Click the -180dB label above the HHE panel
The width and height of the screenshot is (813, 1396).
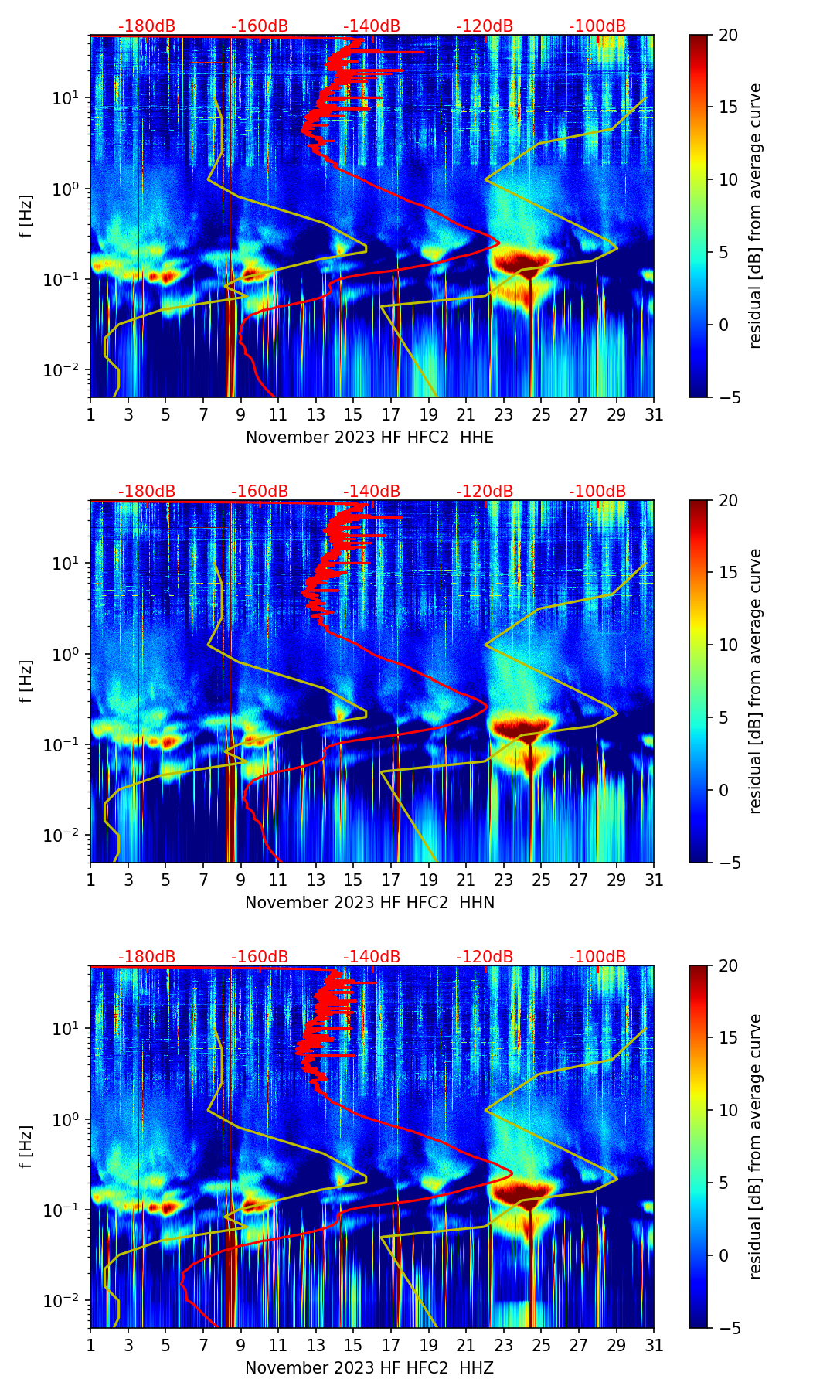[147, 26]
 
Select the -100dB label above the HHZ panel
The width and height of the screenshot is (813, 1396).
[597, 957]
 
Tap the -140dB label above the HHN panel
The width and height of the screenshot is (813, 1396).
[372, 492]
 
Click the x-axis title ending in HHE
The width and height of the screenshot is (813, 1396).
[369, 438]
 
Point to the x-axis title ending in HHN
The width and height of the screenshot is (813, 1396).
[369, 903]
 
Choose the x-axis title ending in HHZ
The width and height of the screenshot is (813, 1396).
[369, 1368]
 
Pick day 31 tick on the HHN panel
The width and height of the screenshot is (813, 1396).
[654, 880]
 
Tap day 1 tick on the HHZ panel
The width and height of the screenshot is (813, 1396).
[91, 1345]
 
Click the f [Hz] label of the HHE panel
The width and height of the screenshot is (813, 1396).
[26, 216]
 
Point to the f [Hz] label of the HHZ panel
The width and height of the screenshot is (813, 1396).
[26, 1146]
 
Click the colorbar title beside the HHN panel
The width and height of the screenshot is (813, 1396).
[756, 681]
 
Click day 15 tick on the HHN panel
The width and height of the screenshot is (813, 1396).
[353, 880]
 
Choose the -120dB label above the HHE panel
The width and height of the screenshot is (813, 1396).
[485, 26]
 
